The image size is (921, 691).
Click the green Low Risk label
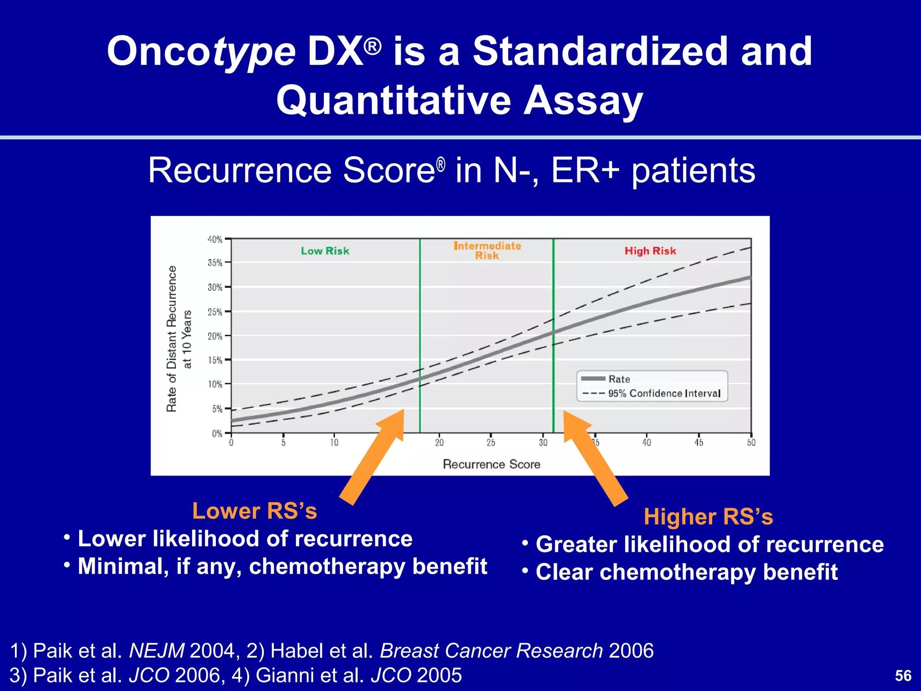pos(325,251)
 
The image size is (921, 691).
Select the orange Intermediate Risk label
pos(487,251)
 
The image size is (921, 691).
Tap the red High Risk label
pos(650,251)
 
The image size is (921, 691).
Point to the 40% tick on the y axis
pos(215,239)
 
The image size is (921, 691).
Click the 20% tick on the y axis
pos(215,336)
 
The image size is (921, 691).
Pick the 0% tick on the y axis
pos(217,433)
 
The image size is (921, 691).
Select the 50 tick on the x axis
pos(751,443)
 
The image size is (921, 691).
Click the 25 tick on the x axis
pos(491,443)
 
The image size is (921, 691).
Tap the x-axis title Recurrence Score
pos(492,464)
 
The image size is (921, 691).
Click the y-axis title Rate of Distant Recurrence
pos(171,338)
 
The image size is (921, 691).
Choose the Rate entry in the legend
pos(619,379)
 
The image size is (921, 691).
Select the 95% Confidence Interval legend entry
pos(664,394)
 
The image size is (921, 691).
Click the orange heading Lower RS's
pos(255,511)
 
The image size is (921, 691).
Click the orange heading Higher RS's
pos(708,516)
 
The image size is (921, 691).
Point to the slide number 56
pos(903,676)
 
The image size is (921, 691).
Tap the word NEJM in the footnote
pos(156,651)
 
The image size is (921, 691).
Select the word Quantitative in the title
pos(393,100)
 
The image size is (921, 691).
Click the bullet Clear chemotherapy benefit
pos(686,572)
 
